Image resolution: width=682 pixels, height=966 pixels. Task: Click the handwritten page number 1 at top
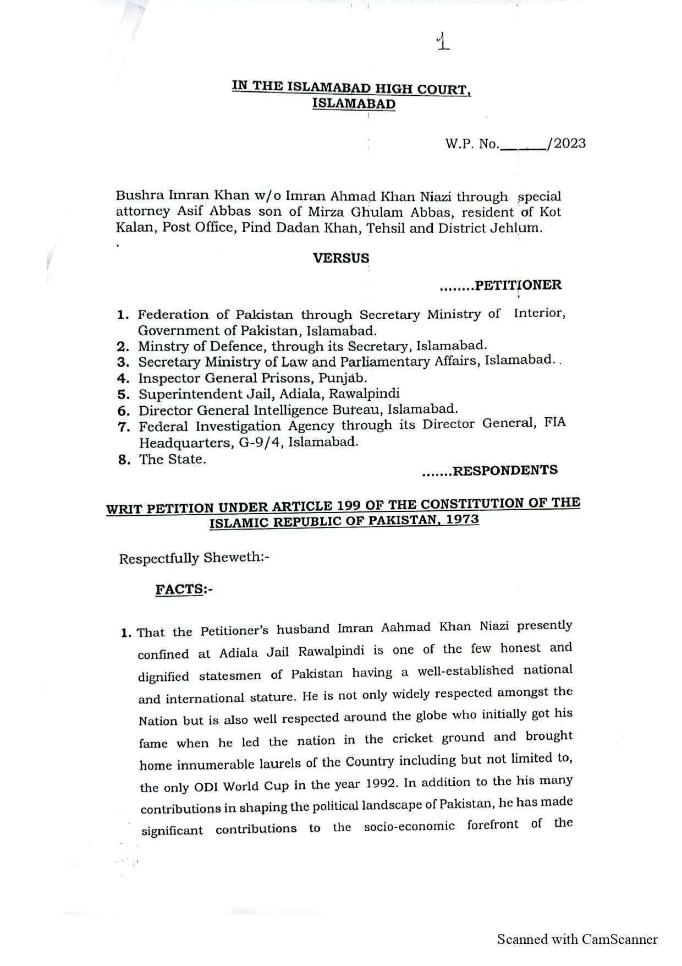[x=442, y=42]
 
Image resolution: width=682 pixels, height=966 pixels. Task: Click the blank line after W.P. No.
[x=522, y=146]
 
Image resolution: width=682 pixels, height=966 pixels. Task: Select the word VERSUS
[x=341, y=258]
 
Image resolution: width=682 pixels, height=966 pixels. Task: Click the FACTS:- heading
[x=184, y=590]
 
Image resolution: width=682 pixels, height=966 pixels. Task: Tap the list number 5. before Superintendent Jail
[x=123, y=395]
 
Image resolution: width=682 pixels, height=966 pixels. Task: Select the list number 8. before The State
[x=124, y=460]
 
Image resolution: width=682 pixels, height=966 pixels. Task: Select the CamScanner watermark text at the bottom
[x=577, y=939]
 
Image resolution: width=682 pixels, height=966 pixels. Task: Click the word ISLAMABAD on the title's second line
[x=354, y=103]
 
